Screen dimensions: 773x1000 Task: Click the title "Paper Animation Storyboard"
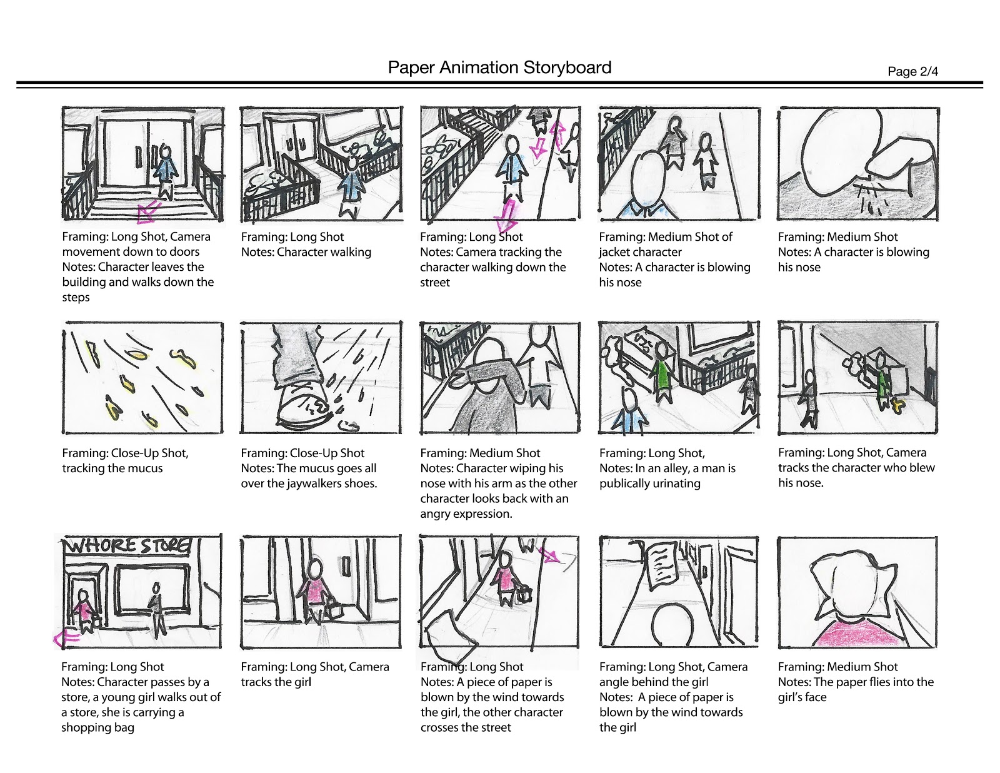(x=499, y=68)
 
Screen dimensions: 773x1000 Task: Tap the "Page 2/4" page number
(x=912, y=71)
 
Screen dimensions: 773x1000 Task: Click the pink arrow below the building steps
(x=147, y=213)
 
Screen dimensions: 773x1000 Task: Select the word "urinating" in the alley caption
(x=673, y=483)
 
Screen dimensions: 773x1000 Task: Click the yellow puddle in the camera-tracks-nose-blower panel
(x=898, y=407)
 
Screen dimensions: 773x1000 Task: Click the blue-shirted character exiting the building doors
(x=165, y=169)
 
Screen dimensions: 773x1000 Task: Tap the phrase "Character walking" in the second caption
(x=324, y=252)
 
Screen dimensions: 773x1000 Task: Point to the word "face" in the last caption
(x=814, y=697)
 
